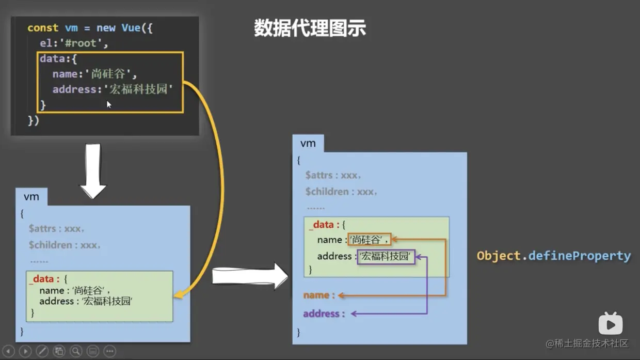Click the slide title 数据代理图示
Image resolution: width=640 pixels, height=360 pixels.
(310, 28)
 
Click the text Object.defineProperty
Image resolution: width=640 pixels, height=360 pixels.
(553, 256)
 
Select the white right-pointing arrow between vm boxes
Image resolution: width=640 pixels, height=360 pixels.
(250, 276)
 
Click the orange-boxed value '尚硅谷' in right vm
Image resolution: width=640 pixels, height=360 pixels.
(369, 240)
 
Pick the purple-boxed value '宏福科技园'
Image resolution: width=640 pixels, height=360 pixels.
(386, 256)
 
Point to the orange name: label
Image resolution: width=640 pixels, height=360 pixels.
(319, 295)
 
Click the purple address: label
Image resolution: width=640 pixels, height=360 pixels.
(324, 314)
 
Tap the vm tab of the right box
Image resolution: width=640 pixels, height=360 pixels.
(308, 144)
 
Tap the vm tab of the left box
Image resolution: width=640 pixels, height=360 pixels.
(31, 197)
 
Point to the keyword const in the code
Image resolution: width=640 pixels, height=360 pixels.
(43, 28)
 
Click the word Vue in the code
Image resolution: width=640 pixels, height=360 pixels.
(131, 28)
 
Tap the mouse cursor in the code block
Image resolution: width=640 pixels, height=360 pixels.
(109, 104)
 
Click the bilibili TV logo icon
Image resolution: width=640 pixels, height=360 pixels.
(610, 324)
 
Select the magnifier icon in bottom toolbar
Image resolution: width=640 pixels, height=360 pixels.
(76, 351)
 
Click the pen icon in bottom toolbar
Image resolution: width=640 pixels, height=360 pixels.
(42, 351)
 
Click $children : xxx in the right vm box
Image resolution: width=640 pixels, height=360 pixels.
(341, 192)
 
